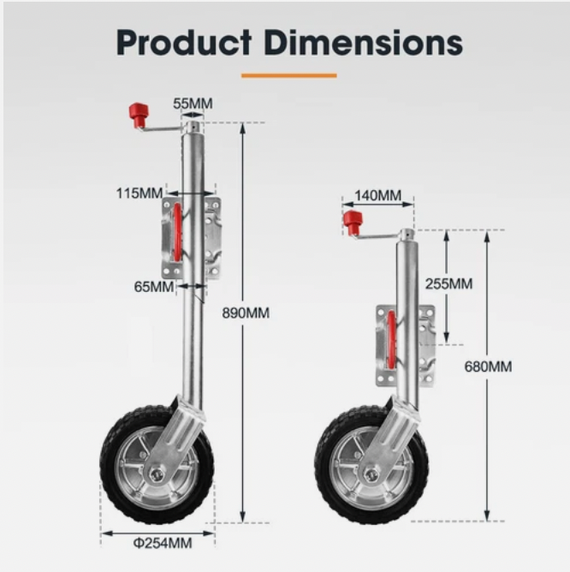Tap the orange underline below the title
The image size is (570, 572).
(x=288, y=75)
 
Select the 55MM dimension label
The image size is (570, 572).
(x=193, y=104)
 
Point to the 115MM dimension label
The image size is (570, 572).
(x=140, y=194)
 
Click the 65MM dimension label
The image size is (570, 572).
(x=154, y=286)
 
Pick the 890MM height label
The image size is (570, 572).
(x=245, y=313)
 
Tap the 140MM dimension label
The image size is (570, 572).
(x=377, y=196)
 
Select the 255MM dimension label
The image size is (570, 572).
(x=448, y=283)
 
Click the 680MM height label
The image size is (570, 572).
(x=488, y=366)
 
